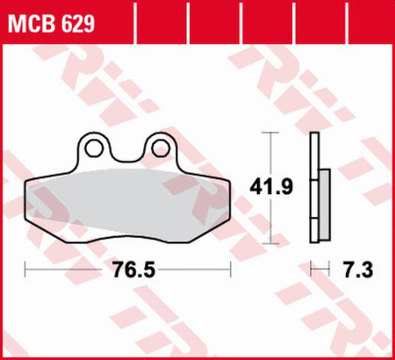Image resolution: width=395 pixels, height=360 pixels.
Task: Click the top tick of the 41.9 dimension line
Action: (x=270, y=133)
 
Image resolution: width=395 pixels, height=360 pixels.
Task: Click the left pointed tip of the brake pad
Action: (x=28, y=186)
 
